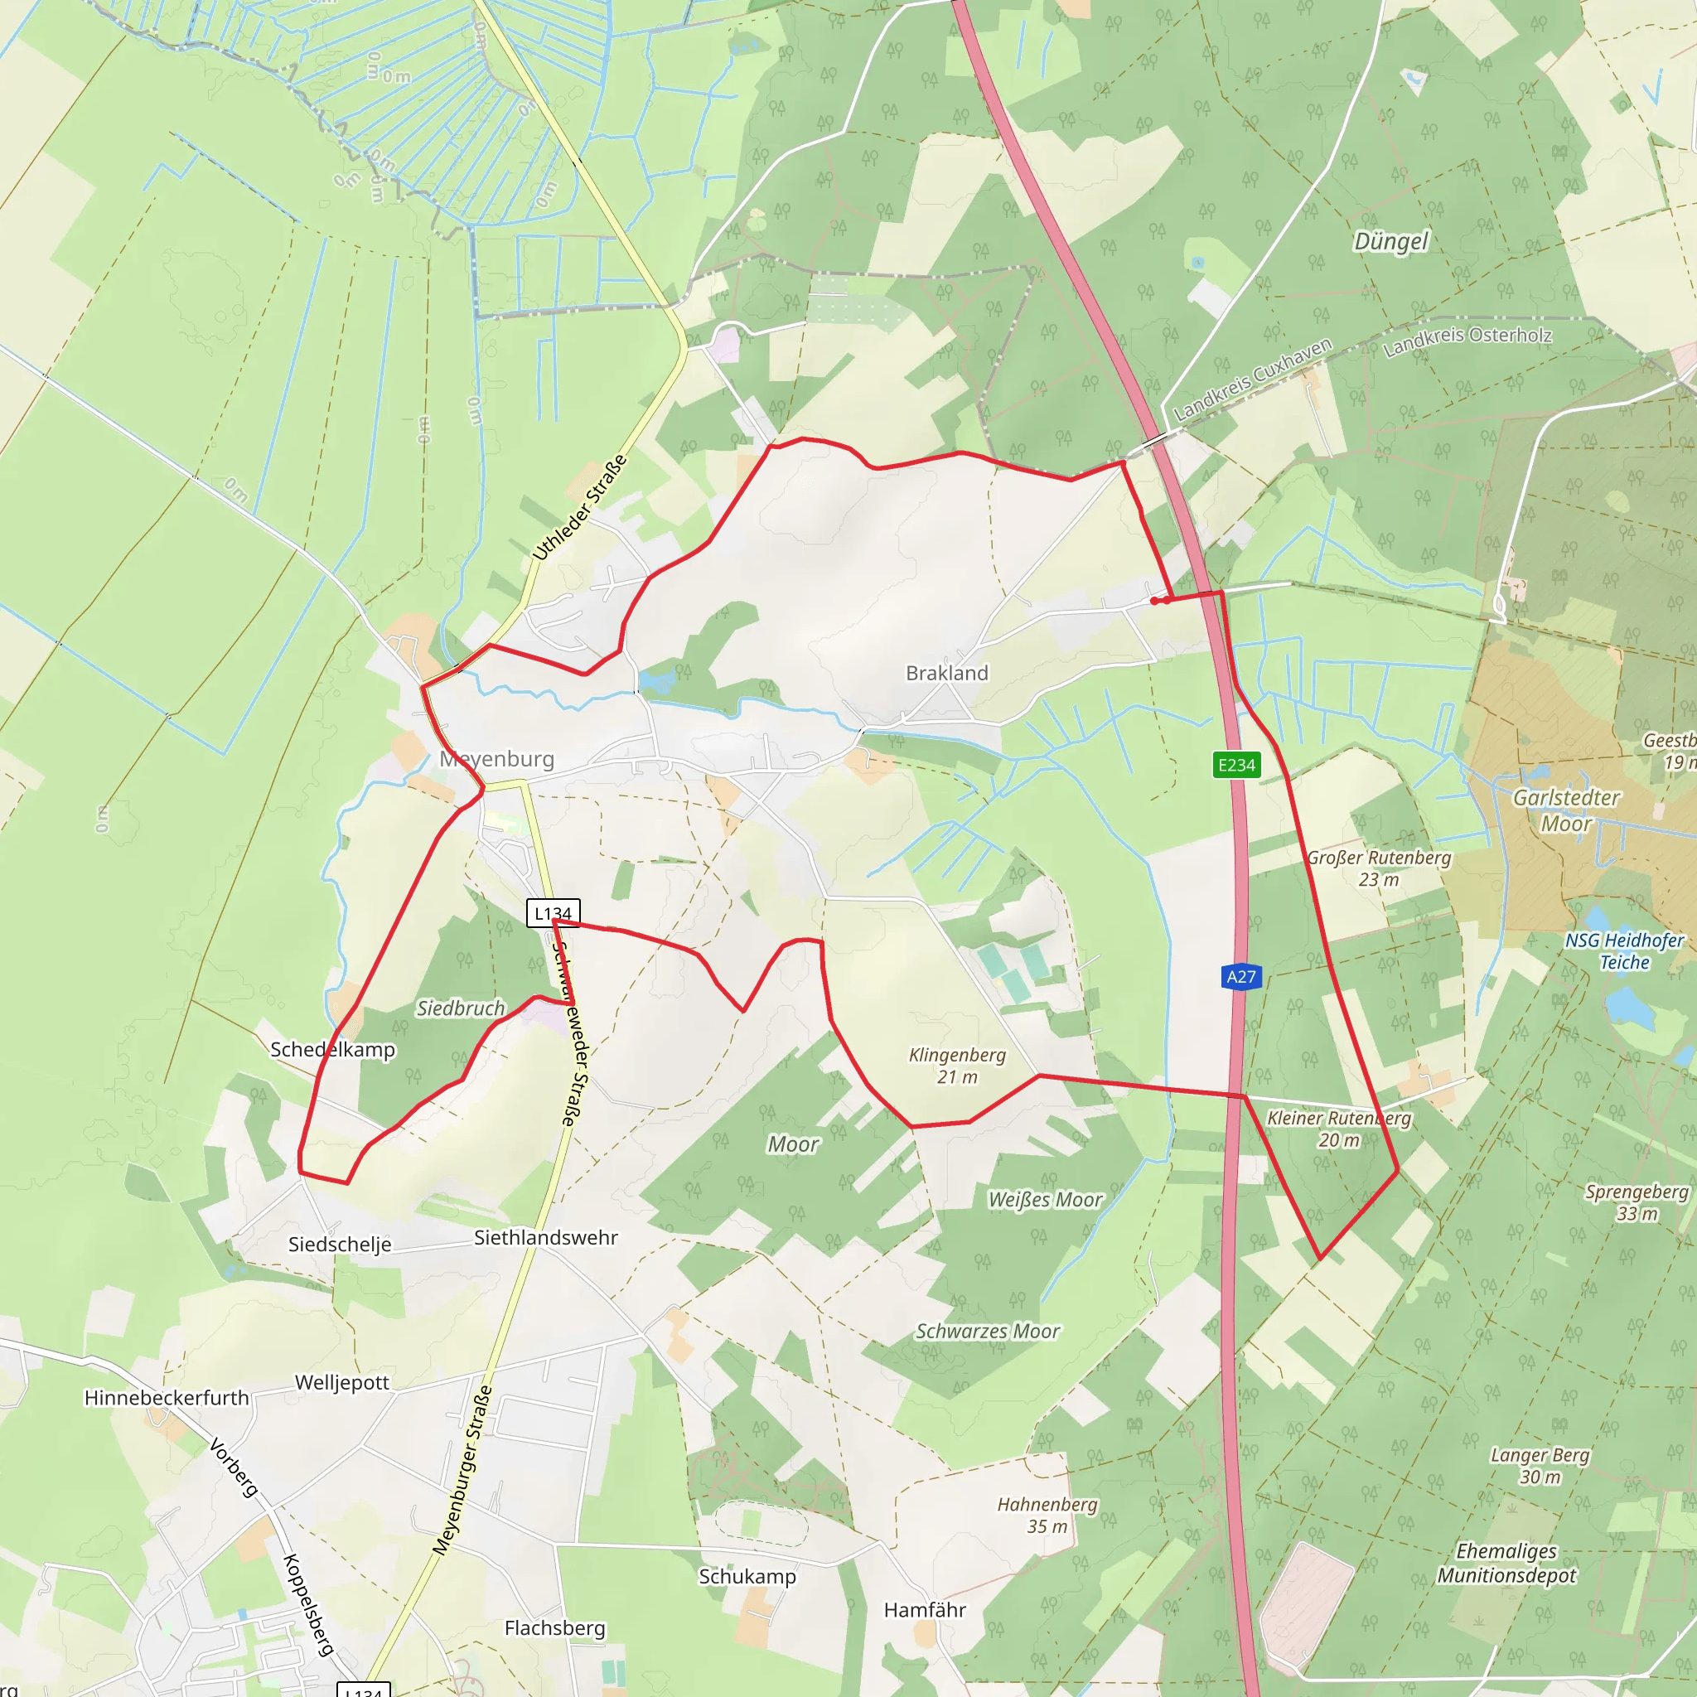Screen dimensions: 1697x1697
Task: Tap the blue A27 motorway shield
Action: click(x=1241, y=977)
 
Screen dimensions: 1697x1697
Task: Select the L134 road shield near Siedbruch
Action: click(x=553, y=913)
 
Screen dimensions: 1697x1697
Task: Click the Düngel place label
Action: click(x=1391, y=242)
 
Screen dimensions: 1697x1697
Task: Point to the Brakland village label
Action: click(x=947, y=674)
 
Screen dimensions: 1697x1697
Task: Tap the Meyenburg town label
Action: click(x=497, y=759)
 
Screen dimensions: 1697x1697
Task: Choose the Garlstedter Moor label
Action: click(x=1566, y=810)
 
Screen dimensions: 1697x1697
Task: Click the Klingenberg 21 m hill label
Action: click(x=957, y=1066)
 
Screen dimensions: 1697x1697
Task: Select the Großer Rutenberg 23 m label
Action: click(x=1379, y=868)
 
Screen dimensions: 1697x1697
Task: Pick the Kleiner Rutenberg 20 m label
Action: click(x=1339, y=1129)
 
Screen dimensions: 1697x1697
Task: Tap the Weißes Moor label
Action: click(x=1045, y=1200)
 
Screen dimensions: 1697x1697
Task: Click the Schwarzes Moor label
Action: click(x=989, y=1332)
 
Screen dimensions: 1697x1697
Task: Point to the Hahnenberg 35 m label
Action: click(x=1047, y=1516)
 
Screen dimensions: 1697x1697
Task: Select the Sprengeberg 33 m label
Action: click(x=1637, y=1202)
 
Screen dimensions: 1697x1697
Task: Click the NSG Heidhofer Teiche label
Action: click(x=1624, y=951)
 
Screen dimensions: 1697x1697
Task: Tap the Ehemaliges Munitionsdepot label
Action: click(x=1506, y=1563)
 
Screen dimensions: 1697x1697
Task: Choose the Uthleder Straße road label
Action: click(x=581, y=508)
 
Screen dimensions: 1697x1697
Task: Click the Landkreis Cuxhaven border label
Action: click(x=1253, y=380)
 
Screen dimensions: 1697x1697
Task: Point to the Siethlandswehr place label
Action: click(x=545, y=1238)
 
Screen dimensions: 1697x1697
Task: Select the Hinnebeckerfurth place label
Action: click(x=167, y=1398)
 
